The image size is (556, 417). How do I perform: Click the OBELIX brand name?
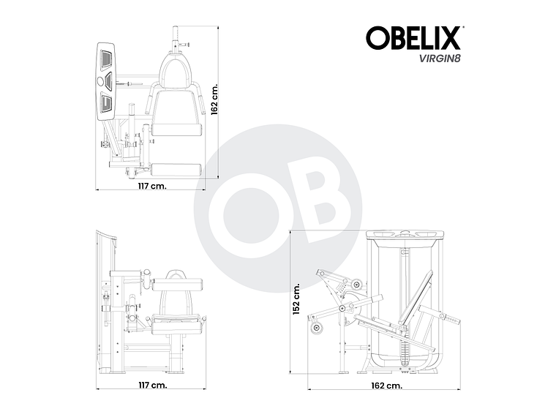tap(413, 37)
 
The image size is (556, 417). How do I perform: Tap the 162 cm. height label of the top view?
tap(214, 98)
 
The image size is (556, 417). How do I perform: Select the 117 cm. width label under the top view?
tap(152, 185)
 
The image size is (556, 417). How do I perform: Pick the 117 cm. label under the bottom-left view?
tap(152, 385)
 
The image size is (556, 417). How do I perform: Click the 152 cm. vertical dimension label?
tap(297, 300)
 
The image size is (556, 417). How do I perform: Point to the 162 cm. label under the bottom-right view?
tap(386, 385)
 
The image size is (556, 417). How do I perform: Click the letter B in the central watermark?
tap(315, 198)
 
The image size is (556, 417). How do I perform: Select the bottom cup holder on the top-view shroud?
tap(107, 102)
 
